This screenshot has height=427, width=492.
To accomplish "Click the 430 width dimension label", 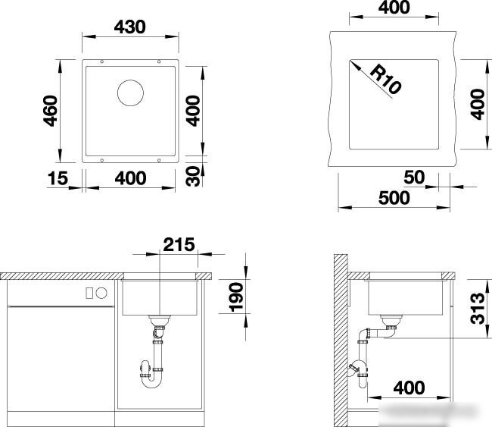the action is pos(130,27).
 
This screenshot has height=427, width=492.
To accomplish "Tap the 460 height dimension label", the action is pos(51,111).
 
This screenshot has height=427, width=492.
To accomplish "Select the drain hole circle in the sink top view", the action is pos(130,93).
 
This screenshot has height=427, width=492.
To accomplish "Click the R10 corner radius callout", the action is pos(385,79).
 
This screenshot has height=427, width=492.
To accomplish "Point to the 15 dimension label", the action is pos(58,178).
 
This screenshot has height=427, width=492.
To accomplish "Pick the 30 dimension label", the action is pos(193,177).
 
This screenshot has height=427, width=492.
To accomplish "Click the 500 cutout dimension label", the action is pos(394,198).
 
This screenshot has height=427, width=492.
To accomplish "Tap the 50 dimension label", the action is pos(414,177).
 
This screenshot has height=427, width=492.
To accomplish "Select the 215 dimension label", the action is pos(179,245).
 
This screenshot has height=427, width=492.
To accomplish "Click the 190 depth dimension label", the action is pos(236,297).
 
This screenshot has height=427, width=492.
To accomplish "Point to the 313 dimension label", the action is pos(478,308).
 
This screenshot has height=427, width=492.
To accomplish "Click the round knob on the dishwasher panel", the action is pos(101,293).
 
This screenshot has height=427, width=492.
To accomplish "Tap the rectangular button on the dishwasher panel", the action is pos(89,293).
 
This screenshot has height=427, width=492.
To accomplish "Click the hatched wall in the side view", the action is pos(341,341).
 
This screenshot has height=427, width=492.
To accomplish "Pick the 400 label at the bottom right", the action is pos(409,388).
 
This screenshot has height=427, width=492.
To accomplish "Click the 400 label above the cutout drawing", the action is pos(394,8).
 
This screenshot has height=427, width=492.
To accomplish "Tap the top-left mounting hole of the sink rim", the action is pos(101,61).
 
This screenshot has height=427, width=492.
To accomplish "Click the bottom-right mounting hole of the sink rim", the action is pos(159,160).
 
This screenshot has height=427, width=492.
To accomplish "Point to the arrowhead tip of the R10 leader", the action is pos(350,61).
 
